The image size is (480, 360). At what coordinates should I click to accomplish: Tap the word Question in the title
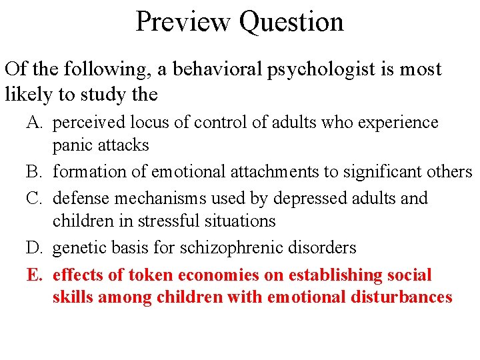291,21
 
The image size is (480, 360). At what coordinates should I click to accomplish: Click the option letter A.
33,123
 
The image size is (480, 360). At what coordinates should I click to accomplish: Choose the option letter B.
33,172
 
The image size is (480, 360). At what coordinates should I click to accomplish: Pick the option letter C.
33,199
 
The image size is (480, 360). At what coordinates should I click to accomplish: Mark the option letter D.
33,248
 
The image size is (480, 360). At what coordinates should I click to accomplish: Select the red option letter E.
33,275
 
